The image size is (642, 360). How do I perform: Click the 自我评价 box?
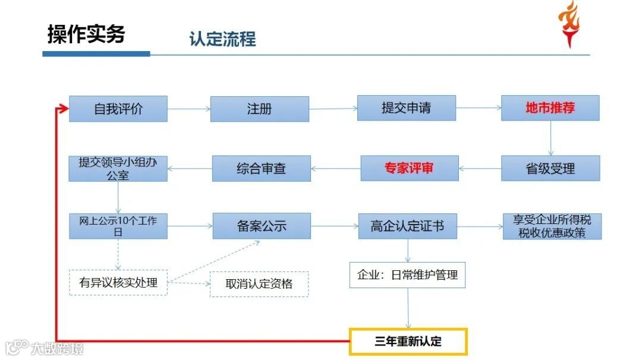coord(118,109)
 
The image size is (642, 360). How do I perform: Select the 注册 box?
coord(260,109)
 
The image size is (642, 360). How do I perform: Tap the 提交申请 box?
coord(407,108)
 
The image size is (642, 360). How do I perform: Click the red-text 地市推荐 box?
coord(550,108)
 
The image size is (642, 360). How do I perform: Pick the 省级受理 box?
coord(550,168)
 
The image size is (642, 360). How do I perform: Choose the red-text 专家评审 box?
coord(410,168)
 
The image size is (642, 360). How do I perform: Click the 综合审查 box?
coord(262,168)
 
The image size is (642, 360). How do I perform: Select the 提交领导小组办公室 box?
coord(118,168)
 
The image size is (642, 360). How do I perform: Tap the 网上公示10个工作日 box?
coord(118,226)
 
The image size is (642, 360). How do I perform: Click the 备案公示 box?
coord(262,226)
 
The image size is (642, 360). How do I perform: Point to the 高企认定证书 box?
coord(407,226)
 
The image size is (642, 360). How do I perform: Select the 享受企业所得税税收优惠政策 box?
coord(552,226)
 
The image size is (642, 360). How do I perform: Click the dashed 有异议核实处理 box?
coord(118,282)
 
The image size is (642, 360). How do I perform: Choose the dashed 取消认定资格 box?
coord(260,283)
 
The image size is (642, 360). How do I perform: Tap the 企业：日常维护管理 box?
coord(407,275)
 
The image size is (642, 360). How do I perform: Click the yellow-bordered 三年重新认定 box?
coord(408,342)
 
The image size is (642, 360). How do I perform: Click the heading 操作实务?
coord(86,34)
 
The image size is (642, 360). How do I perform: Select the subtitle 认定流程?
coord(222,39)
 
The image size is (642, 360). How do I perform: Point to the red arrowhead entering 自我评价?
coord(63,109)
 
